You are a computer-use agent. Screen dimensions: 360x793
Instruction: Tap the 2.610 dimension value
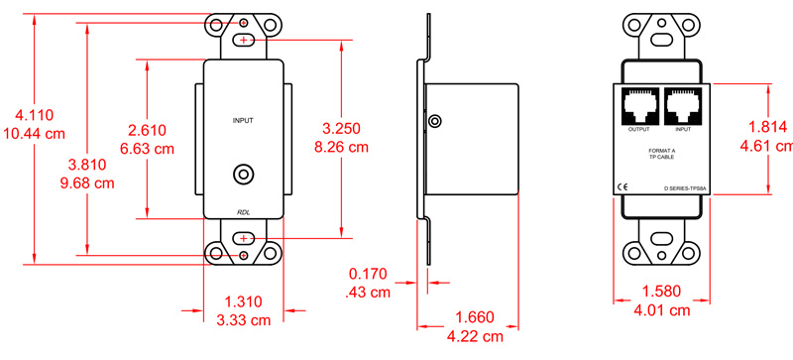(x=147, y=129)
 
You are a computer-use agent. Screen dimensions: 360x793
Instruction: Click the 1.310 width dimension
(x=243, y=302)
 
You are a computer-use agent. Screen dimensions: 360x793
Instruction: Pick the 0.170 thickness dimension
(x=368, y=275)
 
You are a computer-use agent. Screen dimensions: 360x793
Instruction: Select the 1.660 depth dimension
(x=476, y=317)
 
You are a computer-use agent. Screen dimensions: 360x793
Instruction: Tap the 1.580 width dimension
(x=663, y=293)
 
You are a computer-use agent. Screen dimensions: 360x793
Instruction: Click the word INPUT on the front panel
(x=243, y=120)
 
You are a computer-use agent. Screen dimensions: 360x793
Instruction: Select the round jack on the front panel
(x=243, y=175)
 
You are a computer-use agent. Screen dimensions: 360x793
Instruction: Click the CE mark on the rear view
(x=622, y=185)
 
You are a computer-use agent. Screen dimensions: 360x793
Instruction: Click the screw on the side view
(x=434, y=122)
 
